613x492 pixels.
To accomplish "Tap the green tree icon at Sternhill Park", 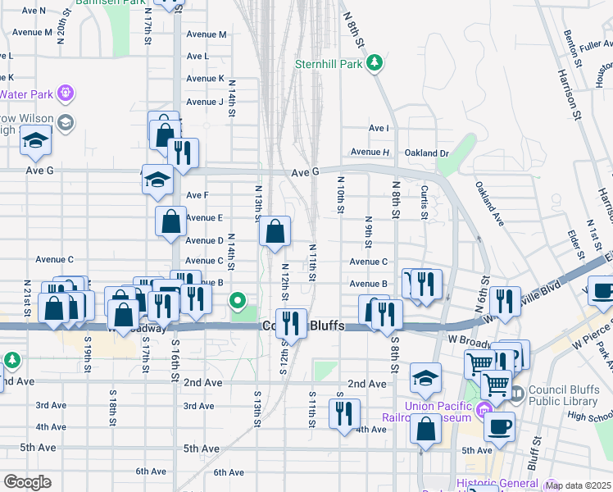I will pos(375,61).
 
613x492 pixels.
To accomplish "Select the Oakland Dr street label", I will pos(427,153).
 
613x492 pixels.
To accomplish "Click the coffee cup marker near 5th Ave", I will pos(499,426).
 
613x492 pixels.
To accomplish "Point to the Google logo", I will pos(27,482).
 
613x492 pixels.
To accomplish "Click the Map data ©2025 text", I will pos(578,485).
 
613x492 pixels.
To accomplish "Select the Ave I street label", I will pos(379,129).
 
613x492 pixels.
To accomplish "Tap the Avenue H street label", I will pos(370,153).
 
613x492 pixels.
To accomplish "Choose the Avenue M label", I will pos(206,34).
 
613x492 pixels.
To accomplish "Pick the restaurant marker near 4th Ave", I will pos(345,412).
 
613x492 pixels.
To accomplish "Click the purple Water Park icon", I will pos(66,93).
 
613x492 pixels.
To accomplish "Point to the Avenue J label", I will pos(204,102).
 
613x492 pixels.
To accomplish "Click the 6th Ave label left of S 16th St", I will pos(152,471).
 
